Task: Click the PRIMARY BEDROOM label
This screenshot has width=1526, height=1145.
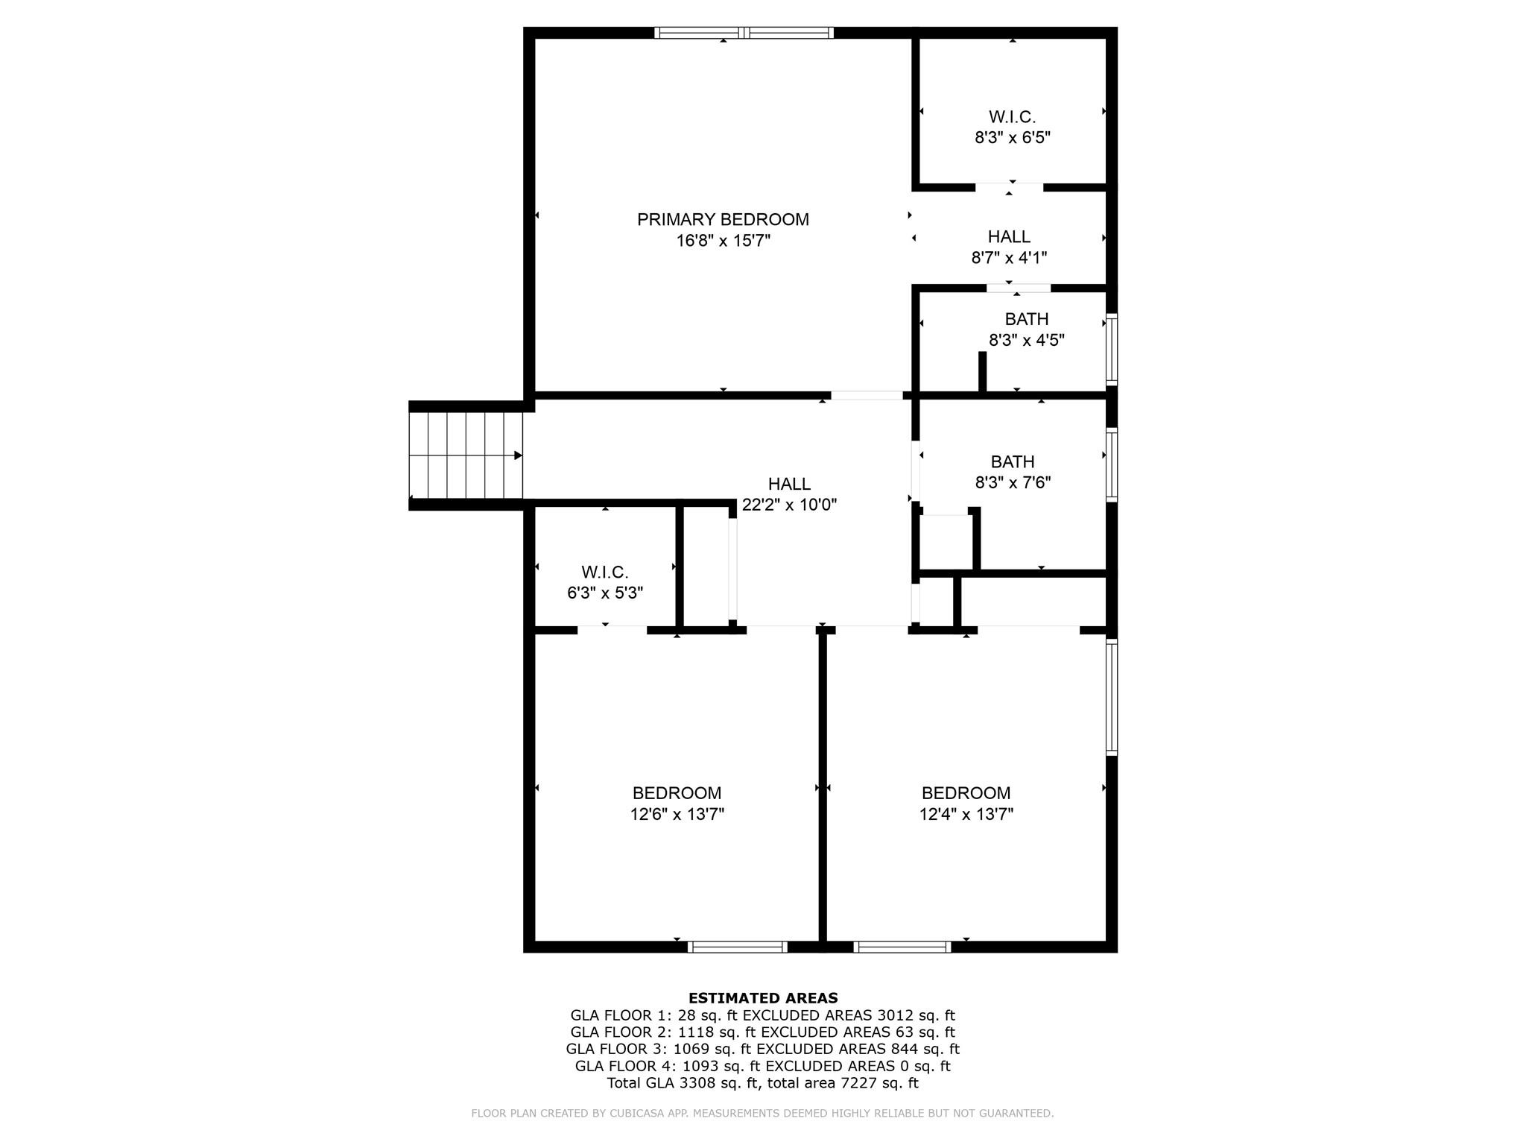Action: [x=722, y=219]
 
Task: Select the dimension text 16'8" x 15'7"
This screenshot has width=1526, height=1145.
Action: [x=722, y=241]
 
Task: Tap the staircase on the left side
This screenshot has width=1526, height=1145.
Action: [x=466, y=455]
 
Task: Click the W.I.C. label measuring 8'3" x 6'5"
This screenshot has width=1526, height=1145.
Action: [x=1012, y=117]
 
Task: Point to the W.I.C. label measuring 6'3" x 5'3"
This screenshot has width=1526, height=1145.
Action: [x=604, y=572]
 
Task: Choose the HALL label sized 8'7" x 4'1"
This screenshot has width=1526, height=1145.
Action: [x=1009, y=237]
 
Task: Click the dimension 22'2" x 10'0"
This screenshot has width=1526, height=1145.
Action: [x=789, y=505]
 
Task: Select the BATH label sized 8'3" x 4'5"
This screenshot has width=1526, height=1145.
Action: [x=1026, y=319]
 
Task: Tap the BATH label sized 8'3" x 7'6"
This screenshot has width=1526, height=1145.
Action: [x=1012, y=462]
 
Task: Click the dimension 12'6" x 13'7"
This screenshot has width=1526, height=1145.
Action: [x=677, y=814]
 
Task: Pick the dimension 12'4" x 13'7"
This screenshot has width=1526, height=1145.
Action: [x=966, y=814]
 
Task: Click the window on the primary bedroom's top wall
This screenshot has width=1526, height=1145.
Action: [x=744, y=33]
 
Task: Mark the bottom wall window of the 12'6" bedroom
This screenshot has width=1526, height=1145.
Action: [x=737, y=947]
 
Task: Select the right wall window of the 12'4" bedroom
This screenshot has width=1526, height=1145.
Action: [x=1111, y=696]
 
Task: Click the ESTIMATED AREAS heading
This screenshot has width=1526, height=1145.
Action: [x=762, y=998]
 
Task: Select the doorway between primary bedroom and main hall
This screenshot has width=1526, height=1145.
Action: [x=867, y=395]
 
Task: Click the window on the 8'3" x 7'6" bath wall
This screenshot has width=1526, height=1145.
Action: [x=1111, y=464]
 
